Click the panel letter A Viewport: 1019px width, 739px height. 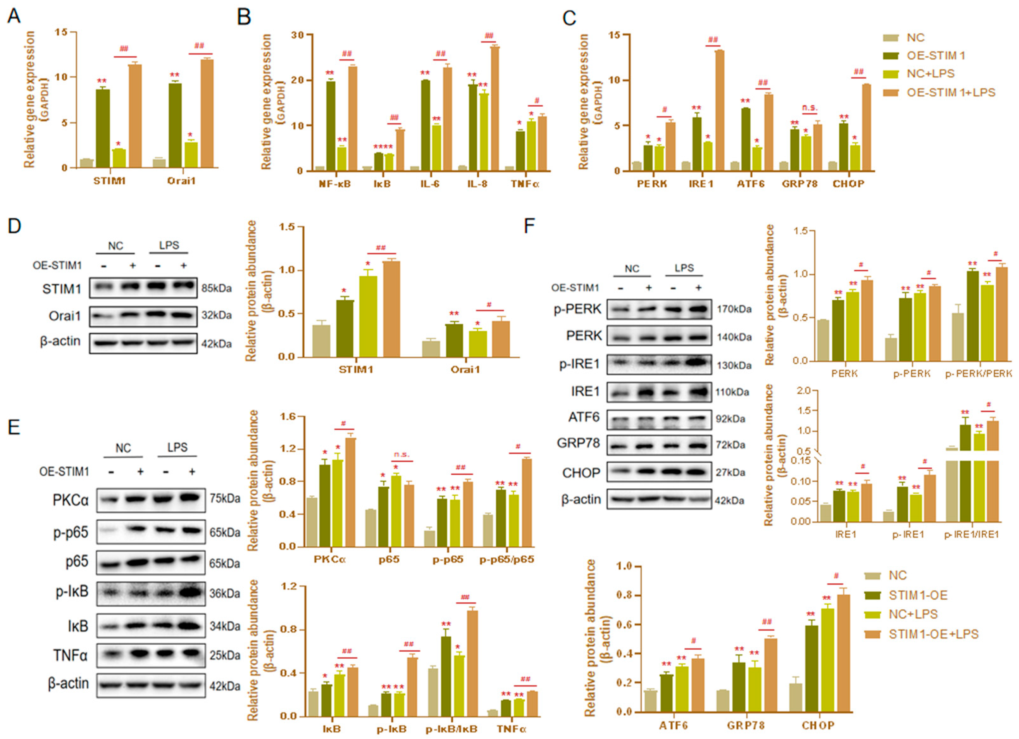[14, 17]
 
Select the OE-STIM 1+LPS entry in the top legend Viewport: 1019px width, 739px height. [951, 93]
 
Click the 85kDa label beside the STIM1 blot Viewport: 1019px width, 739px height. [217, 288]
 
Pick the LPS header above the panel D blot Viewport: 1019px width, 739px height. [169, 245]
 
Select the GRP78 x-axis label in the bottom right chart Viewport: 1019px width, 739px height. [745, 725]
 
